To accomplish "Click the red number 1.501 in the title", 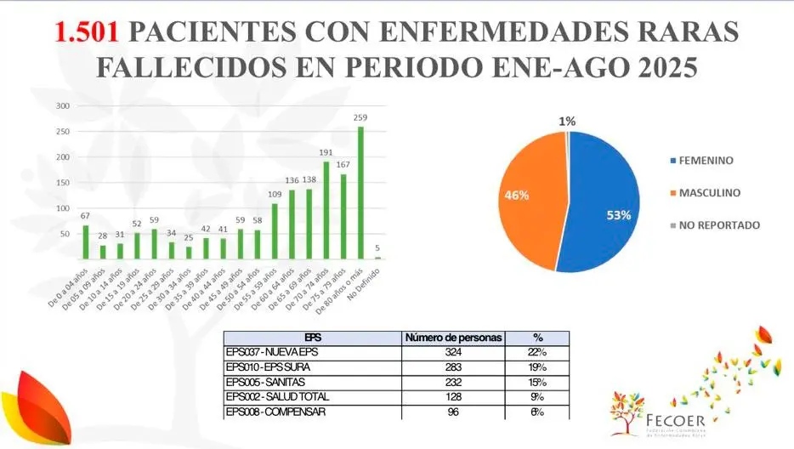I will click(89, 32).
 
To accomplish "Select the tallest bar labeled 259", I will click(360, 193).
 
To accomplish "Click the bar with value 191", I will click(326, 210).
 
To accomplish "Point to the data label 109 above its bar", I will click(275, 195).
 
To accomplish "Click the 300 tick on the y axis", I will click(63, 106).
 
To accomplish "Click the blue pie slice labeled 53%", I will click(608, 204).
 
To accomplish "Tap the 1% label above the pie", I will click(567, 122).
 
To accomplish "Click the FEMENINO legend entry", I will click(706, 160).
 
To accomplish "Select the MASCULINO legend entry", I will click(709, 193).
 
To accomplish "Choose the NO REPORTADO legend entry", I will click(719, 225).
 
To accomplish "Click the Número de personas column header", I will click(454, 338).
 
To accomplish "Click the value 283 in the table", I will click(454, 367).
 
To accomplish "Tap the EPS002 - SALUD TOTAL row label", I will click(277, 398).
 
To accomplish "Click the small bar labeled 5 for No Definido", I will click(377, 257).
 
